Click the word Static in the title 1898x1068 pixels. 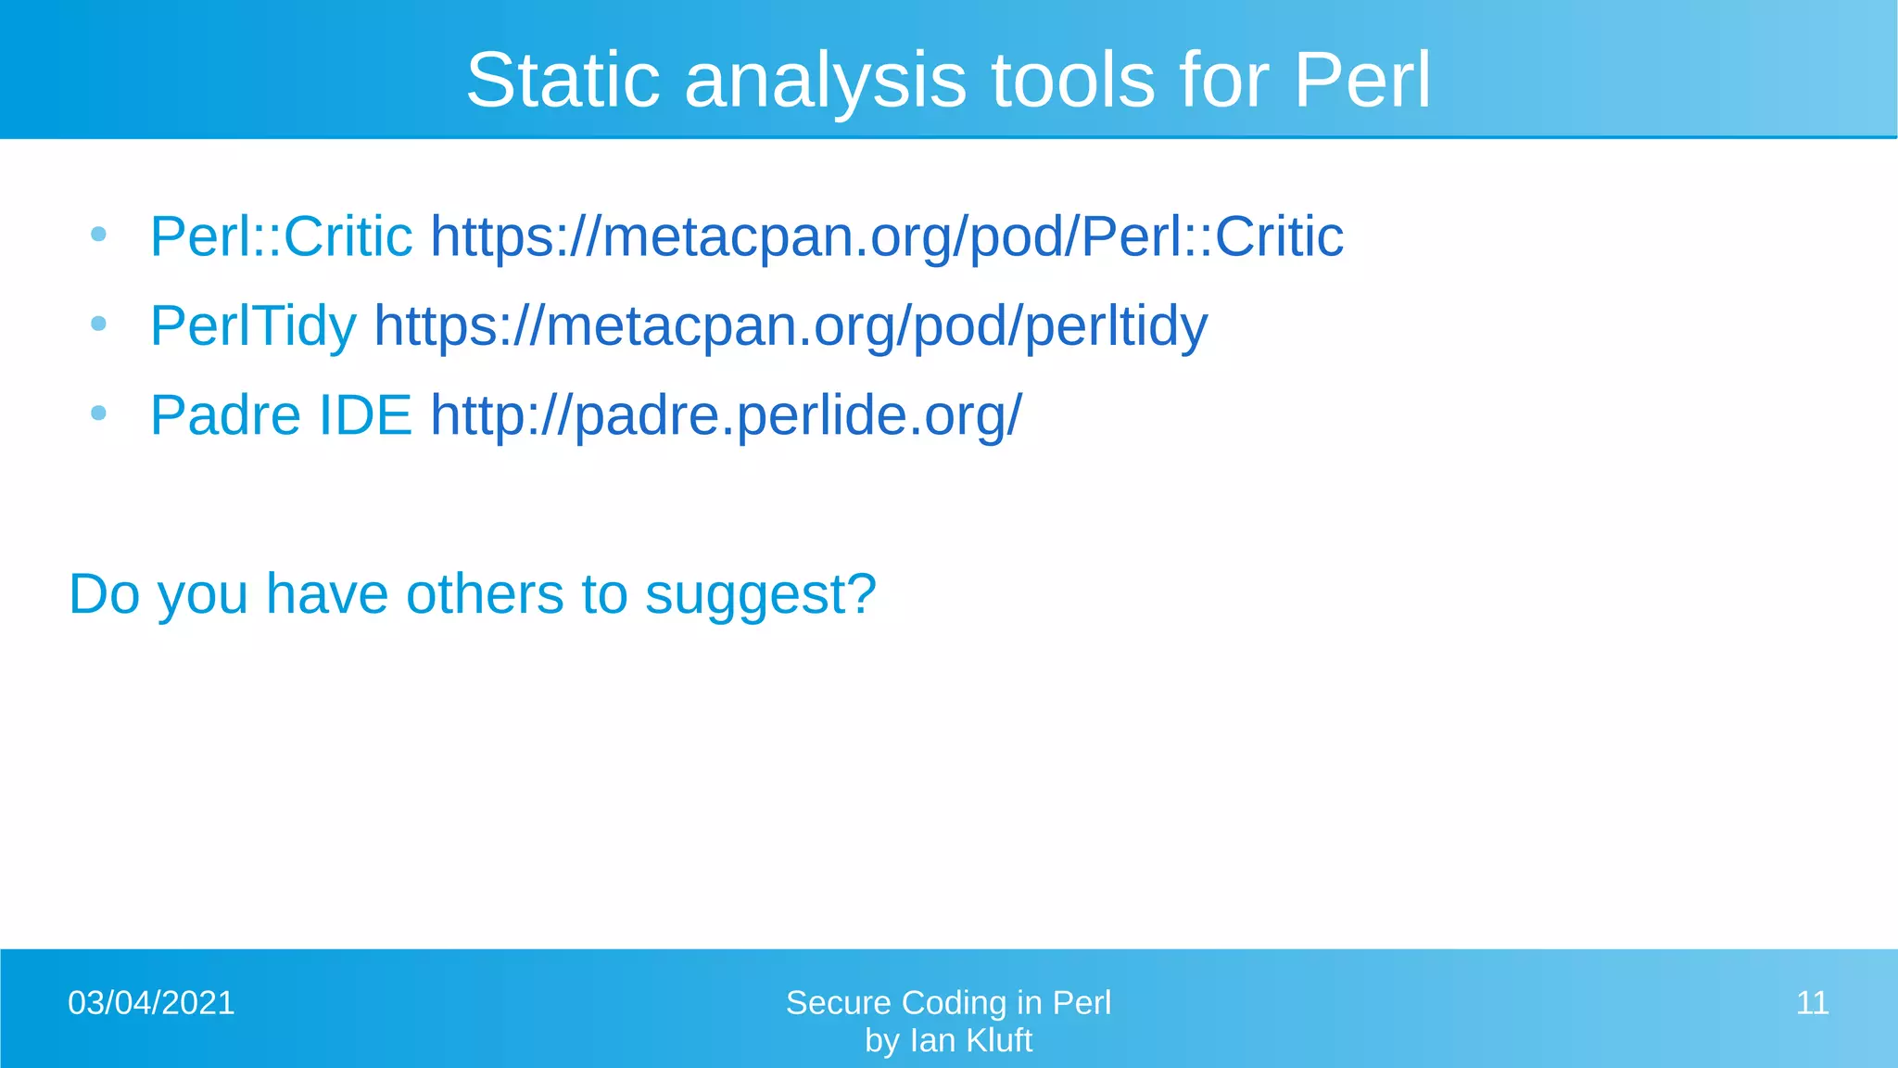563,81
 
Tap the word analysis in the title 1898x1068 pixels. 826,81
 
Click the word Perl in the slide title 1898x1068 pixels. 1361,81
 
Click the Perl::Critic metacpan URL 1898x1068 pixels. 887,237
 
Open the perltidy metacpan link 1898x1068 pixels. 791,326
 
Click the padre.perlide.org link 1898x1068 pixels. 726,415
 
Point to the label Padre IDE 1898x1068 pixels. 281,415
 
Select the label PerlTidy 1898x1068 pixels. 253,326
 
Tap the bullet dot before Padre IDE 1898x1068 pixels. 99,413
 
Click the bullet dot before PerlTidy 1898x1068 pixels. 99,324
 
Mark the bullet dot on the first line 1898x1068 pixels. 99,235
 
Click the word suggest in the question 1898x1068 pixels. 760,594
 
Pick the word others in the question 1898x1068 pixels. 485,594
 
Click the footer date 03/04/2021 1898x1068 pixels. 151,1003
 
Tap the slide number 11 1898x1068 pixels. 1812,1003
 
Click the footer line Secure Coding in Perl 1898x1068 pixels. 948,1003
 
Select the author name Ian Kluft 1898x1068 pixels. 970,1041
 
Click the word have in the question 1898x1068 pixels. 326,594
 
